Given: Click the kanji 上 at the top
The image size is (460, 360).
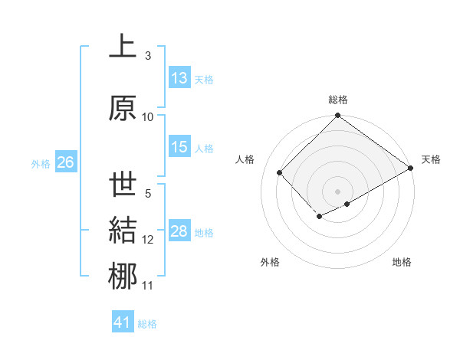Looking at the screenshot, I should [x=122, y=47].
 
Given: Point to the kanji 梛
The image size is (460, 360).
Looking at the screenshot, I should [x=122, y=277].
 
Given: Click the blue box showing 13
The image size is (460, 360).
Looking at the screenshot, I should [x=179, y=78].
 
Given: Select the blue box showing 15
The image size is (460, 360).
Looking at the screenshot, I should [x=179, y=148].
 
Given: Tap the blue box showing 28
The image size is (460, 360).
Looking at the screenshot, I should [x=179, y=231].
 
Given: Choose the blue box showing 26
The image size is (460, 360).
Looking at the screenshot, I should [x=65, y=162].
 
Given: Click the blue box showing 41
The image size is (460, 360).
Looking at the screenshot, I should [x=123, y=322].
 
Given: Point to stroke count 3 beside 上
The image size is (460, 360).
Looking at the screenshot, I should [x=148, y=56].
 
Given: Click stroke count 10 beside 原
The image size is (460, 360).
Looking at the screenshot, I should [x=148, y=116].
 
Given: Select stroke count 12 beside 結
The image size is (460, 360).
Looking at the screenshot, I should [x=148, y=240].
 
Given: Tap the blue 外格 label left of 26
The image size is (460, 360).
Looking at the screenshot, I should [x=41, y=163].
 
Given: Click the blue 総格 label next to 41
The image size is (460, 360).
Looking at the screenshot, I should [x=147, y=324].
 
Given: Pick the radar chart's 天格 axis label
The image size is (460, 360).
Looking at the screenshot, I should [x=431, y=159].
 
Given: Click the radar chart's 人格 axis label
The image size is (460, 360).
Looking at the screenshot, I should [x=245, y=159].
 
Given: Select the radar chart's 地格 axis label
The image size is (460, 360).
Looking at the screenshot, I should [x=402, y=262].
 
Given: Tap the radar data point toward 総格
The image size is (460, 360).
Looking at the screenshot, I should [x=337, y=117].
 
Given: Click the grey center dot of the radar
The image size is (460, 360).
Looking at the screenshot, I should [x=337, y=190].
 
